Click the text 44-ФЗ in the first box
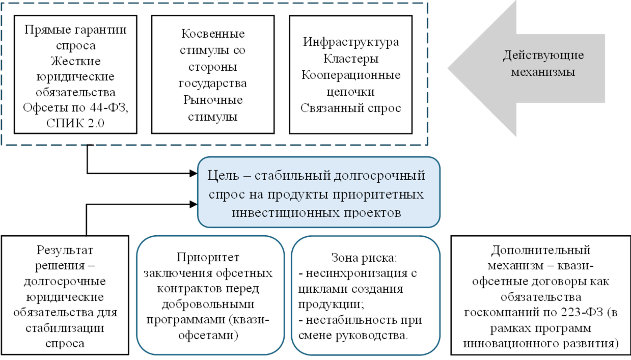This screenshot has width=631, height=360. point(109,107)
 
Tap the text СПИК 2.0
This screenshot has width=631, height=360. point(75,123)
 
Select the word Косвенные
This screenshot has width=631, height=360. point(213,34)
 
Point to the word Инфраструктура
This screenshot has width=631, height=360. point(351,42)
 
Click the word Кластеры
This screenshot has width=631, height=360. point(351,59)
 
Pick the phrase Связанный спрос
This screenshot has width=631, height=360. point(351,108)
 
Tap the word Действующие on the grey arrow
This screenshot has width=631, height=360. point(543,56)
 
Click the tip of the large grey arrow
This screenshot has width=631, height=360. point(448,68)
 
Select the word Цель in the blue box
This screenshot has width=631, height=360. point(223,176)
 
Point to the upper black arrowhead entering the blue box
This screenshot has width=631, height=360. point(193,173)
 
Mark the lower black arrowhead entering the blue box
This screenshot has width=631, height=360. point(193,204)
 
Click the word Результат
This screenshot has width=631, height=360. point(65,250)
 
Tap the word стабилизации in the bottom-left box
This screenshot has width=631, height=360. point(65,328)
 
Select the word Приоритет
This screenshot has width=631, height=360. point(208,258)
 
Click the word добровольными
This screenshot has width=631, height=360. point(208,304)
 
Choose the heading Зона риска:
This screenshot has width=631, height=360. point(364,258)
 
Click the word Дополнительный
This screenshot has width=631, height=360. point(540,250)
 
